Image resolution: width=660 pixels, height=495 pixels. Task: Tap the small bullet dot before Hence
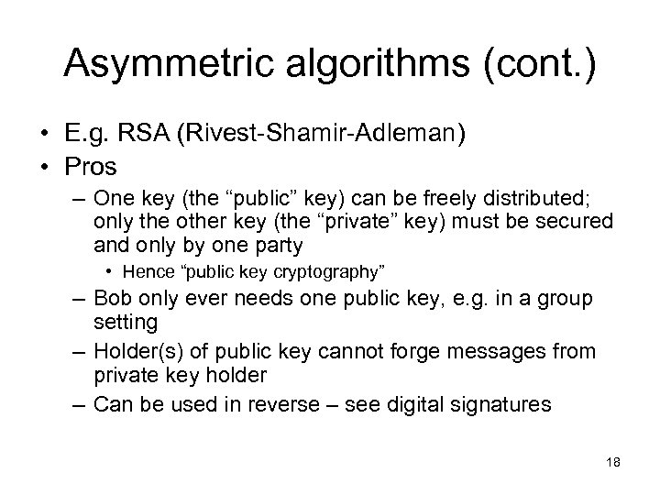(112, 270)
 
